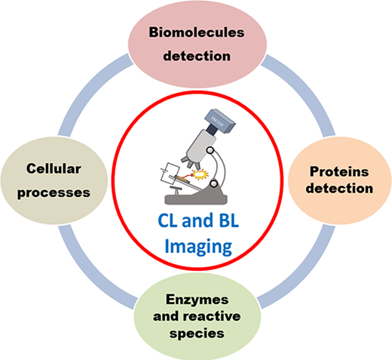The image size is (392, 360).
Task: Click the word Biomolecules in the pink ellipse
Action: point(197,32)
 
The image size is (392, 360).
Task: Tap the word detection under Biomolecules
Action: point(197,56)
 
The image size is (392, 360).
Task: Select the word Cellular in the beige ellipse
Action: point(54,168)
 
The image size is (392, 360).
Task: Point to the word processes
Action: point(54,192)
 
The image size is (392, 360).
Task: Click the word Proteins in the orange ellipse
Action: point(339,171)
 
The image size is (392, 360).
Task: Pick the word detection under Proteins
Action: point(339,189)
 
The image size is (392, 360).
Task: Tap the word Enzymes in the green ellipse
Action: point(198,300)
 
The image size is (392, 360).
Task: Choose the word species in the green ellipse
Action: point(197,334)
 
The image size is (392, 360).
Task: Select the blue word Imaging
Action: point(198,247)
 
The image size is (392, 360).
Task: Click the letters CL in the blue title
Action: point(168,220)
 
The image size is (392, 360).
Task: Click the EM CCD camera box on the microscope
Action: point(220,121)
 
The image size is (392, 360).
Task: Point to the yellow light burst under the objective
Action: point(201,174)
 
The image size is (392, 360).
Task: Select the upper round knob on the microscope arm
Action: point(210,150)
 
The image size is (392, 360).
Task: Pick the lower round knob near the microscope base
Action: point(214,183)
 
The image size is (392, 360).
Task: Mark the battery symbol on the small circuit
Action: point(164,171)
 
